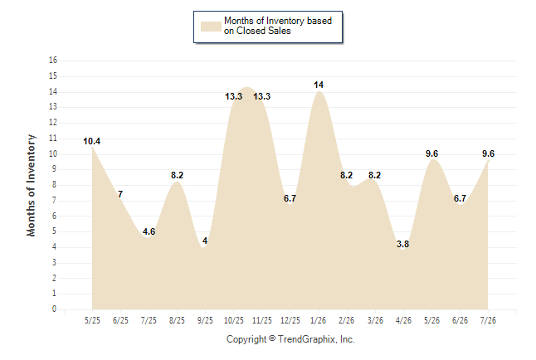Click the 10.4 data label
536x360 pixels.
point(91,141)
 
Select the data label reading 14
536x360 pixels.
point(319,85)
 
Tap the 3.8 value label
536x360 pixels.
point(402,244)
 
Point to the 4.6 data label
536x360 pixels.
point(149,231)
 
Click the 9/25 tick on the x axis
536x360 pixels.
point(205,320)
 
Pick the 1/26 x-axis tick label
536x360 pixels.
point(319,320)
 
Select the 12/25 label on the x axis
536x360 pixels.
point(290,320)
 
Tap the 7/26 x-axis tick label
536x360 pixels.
point(488,320)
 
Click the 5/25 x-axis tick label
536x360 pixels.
point(92,320)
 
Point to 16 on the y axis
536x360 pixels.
point(53,61)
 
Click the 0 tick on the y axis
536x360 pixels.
point(54,309)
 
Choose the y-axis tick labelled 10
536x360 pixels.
point(53,153)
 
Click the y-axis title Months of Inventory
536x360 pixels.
point(31,185)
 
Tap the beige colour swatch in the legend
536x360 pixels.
point(211,27)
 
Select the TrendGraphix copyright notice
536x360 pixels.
point(290,339)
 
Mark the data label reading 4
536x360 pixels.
point(205,241)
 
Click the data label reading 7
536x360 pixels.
point(120,194)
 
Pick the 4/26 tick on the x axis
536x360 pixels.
point(403,320)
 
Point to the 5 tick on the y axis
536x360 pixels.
point(54,231)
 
